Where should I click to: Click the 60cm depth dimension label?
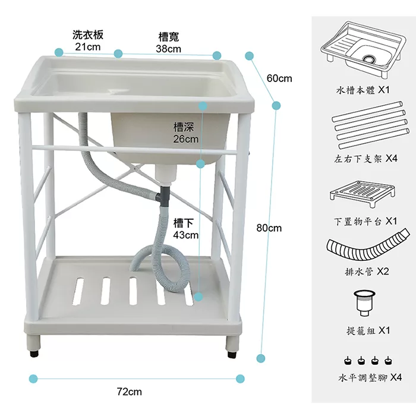279,78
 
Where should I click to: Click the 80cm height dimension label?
269,228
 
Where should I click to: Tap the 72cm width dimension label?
129,392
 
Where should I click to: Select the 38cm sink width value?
168,49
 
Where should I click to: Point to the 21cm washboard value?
87,46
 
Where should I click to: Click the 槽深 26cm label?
185,133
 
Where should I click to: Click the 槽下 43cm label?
185,229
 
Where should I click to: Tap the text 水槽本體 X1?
363,92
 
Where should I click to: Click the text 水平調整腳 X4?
370,378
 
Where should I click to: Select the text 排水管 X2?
367,272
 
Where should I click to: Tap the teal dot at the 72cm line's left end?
33,379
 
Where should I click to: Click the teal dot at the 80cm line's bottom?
260,358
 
